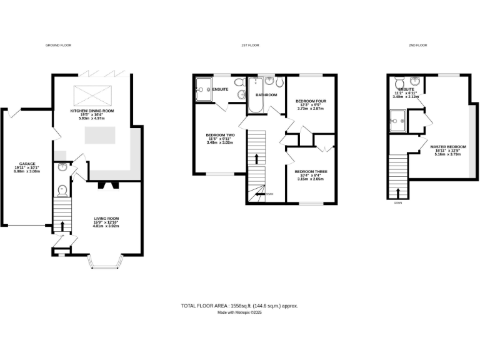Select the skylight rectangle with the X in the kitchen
pyautogui.click(x=91, y=95)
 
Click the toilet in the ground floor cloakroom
pyautogui.click(x=62, y=190)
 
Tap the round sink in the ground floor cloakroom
pyautogui.click(x=62, y=167)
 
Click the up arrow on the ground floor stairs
pyautogui.click(x=62, y=224)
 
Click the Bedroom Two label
pyautogui.click(x=220, y=135)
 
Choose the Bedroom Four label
pyautogui.click(x=311, y=101)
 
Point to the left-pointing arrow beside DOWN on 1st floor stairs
pyautogui.click(x=259, y=194)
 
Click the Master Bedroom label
pyautogui.click(x=448, y=147)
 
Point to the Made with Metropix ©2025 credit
pyautogui.click(x=239, y=312)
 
